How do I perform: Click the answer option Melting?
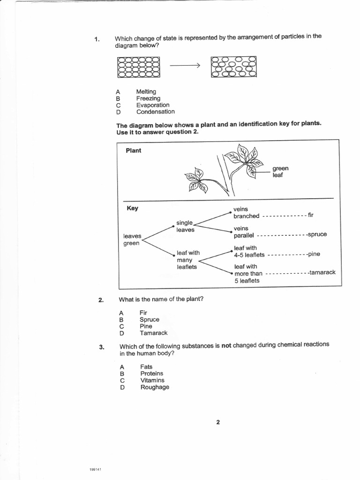click(x=146, y=92)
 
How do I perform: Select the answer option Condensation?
click(x=155, y=112)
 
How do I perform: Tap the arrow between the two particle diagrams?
click(x=185, y=66)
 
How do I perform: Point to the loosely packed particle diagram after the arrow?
click(x=234, y=67)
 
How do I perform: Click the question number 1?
click(x=97, y=39)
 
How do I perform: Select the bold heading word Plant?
click(x=133, y=151)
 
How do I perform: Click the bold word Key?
click(x=133, y=208)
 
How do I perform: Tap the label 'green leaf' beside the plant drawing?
click(x=280, y=172)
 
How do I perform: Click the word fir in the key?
click(x=310, y=215)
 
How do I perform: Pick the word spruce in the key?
click(x=317, y=234)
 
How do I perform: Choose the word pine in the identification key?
click(x=314, y=254)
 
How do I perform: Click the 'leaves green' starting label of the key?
click(x=132, y=240)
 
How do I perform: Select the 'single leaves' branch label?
click(x=185, y=226)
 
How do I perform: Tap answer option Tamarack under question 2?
click(x=153, y=333)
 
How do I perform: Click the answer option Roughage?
click(x=155, y=387)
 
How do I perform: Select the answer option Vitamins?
click(x=152, y=381)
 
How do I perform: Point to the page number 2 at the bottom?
click(x=218, y=422)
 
